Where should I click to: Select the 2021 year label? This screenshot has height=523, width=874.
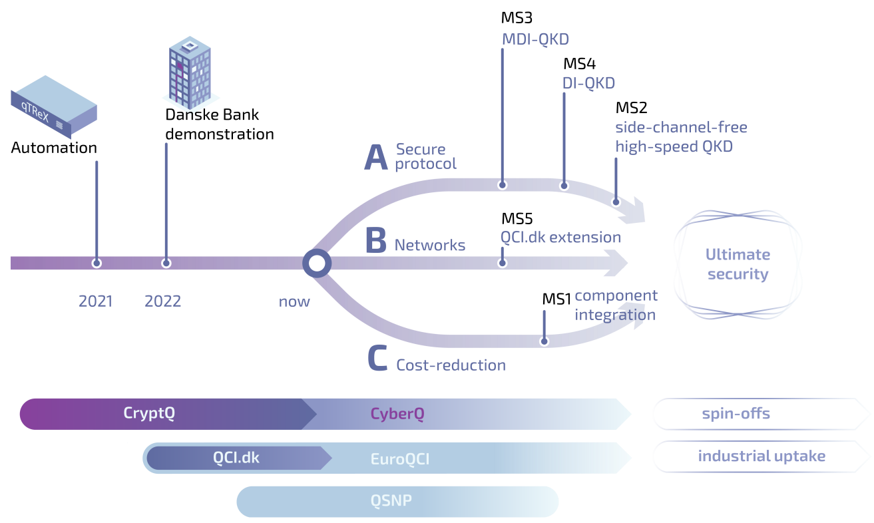pyautogui.click(x=96, y=301)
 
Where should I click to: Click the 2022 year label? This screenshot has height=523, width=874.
pyautogui.click(x=163, y=301)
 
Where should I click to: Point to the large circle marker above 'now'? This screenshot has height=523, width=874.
pyautogui.click(x=317, y=263)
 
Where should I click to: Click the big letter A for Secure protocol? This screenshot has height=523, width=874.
pyautogui.click(x=376, y=158)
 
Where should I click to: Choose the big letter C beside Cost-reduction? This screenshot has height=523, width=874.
pyautogui.click(x=377, y=359)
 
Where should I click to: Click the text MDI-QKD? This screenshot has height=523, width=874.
pyautogui.click(x=535, y=39)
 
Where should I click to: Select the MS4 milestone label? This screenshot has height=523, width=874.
pyautogui.click(x=579, y=64)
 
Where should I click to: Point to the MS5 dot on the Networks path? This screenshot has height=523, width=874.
pyautogui.click(x=503, y=263)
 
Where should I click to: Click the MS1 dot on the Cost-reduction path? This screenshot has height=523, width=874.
pyautogui.click(x=545, y=342)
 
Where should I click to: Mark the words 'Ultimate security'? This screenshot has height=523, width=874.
pyautogui.click(x=738, y=264)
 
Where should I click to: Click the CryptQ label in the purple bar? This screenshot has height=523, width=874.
pyautogui.click(x=149, y=413)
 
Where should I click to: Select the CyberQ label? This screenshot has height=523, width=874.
pyautogui.click(x=397, y=414)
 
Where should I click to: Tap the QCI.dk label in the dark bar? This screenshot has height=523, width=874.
pyautogui.click(x=236, y=458)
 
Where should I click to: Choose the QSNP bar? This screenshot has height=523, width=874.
pyautogui.click(x=397, y=501)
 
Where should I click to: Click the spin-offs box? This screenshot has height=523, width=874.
pyautogui.click(x=736, y=414)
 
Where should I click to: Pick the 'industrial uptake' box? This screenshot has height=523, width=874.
pyautogui.click(x=761, y=456)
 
